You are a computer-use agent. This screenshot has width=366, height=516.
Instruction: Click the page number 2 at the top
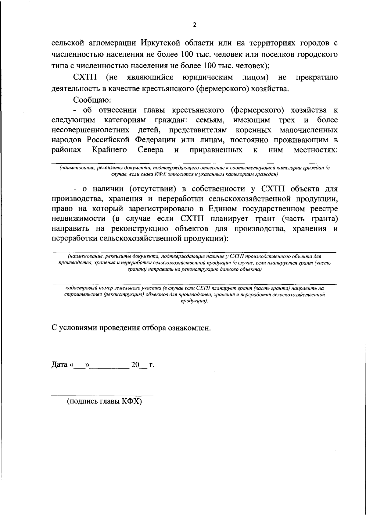pos(195,25)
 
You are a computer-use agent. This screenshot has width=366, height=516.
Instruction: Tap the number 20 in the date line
pos(135,365)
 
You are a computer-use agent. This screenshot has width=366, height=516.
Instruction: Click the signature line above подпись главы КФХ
pos(103,396)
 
